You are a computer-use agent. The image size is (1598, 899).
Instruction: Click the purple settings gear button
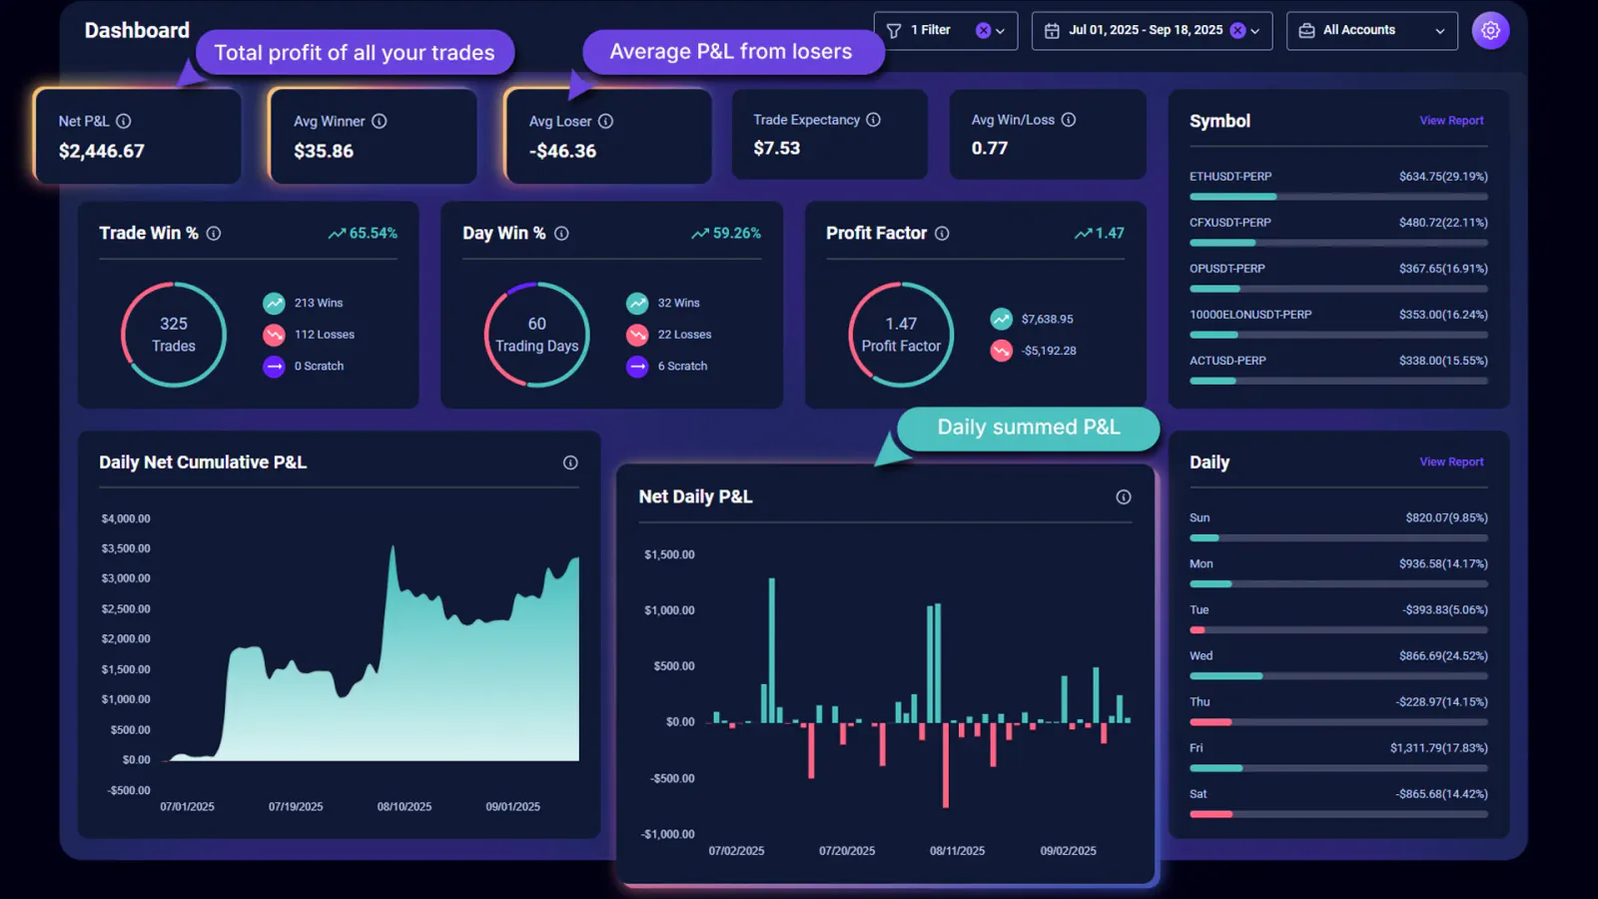1490,31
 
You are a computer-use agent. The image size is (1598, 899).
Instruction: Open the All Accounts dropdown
1371,31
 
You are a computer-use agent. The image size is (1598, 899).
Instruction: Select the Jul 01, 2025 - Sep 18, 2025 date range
1145,31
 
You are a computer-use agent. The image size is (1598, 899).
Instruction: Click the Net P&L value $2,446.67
102,151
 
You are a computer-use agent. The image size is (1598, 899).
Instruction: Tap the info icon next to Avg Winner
380,121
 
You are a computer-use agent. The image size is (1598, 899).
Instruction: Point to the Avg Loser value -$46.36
562,151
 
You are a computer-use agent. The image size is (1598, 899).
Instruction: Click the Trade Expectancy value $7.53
776,148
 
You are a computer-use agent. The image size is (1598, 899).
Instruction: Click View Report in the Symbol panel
1451,121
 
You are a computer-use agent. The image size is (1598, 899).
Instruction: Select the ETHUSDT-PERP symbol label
1230,177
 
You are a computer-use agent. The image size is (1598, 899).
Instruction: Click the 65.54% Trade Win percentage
373,233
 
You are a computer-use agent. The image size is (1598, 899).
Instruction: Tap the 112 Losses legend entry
324,335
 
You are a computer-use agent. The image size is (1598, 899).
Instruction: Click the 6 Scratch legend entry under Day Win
682,367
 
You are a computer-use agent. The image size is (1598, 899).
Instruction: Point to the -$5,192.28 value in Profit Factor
1049,351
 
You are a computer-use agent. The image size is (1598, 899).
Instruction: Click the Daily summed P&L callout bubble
1028,428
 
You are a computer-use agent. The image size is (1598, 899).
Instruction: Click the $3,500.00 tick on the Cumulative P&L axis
126,548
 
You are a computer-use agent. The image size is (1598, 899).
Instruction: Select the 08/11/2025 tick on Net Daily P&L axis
957,851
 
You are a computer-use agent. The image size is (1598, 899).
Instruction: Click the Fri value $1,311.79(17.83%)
1438,748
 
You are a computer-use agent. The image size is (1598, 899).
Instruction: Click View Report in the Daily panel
1451,462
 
